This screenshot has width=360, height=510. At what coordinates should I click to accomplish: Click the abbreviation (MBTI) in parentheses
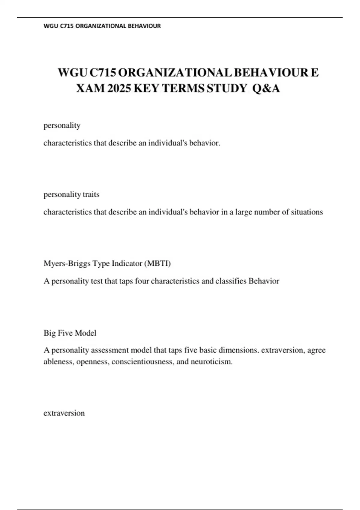tap(157, 263)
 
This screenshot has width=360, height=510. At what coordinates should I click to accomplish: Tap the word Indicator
tap(127, 263)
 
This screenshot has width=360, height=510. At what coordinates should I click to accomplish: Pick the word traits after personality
tap(91, 194)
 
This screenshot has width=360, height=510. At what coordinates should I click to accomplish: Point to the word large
tap(244, 212)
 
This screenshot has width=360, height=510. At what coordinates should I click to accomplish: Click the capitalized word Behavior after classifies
tap(264, 281)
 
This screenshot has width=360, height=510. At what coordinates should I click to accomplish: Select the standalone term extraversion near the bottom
tap(64, 413)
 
